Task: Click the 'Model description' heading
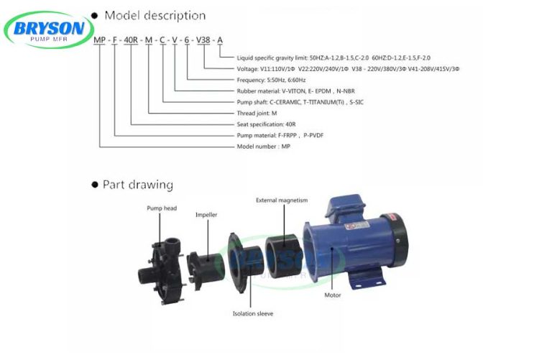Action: click(155, 15)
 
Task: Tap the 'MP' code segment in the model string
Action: click(101, 40)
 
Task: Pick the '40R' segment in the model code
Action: click(132, 40)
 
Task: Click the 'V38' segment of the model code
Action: click(204, 40)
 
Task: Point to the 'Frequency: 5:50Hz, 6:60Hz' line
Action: click(271, 80)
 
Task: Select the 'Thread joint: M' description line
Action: click(257, 113)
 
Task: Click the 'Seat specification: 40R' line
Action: click(266, 124)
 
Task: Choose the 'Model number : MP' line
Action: click(263, 146)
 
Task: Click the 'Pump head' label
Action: click(162, 208)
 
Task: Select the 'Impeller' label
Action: click(206, 214)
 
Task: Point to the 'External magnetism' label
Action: click(282, 200)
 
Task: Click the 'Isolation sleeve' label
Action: click(252, 313)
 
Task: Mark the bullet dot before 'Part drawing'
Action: click(94, 185)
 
